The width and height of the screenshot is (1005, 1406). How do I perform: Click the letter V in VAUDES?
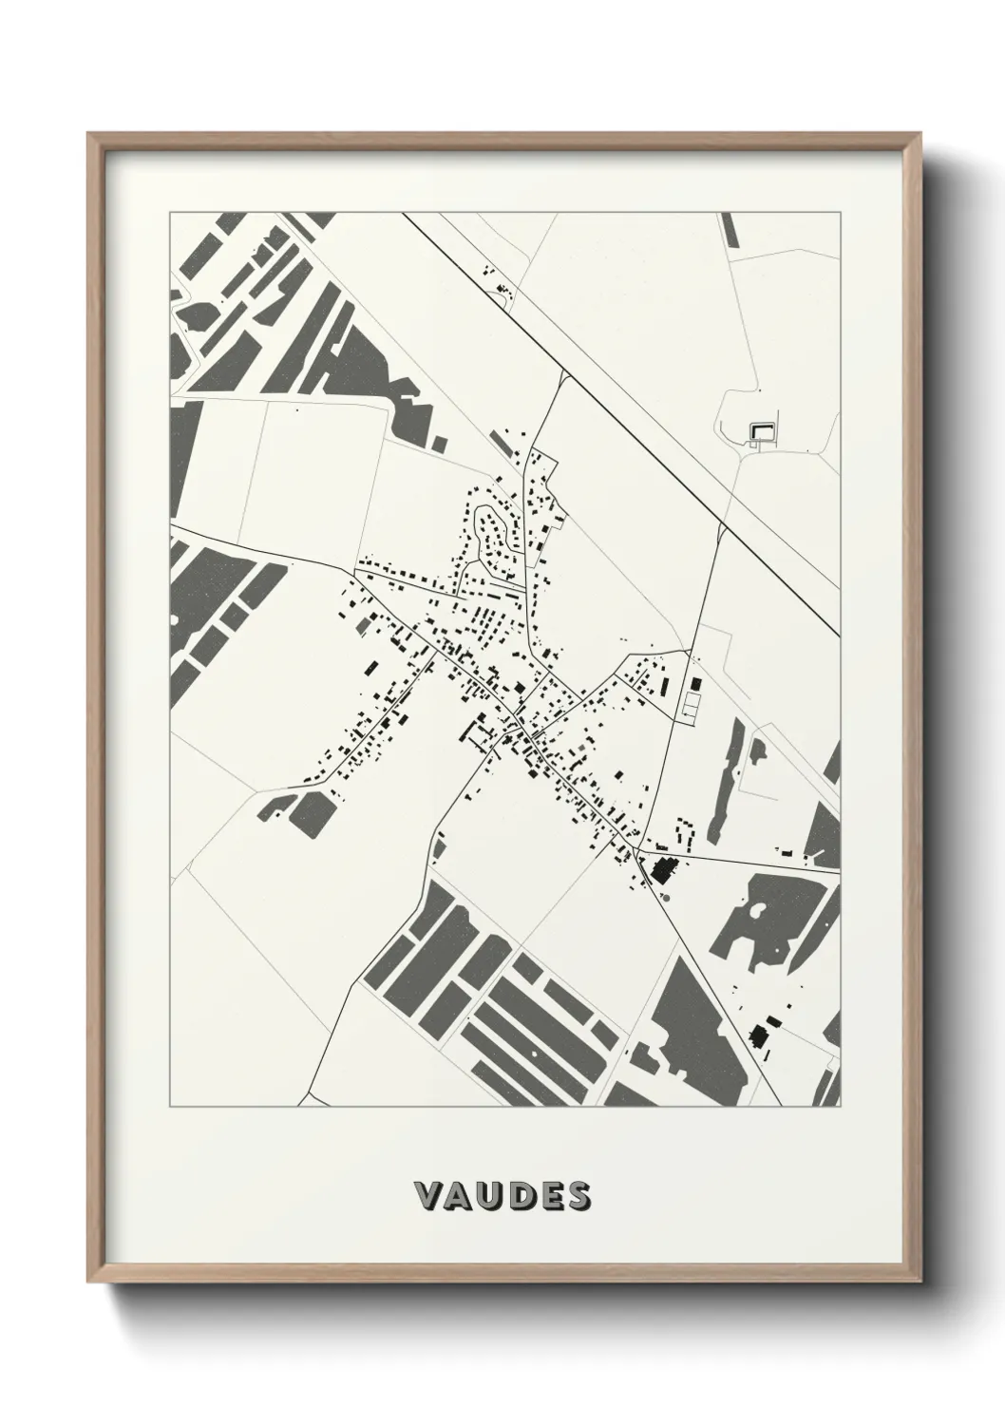428,1196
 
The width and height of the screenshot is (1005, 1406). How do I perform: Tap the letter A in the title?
460,1196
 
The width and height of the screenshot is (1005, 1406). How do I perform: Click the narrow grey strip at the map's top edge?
729,230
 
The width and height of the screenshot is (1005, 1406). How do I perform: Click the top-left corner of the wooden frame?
89,136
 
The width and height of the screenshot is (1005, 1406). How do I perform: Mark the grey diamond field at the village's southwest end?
310,813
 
